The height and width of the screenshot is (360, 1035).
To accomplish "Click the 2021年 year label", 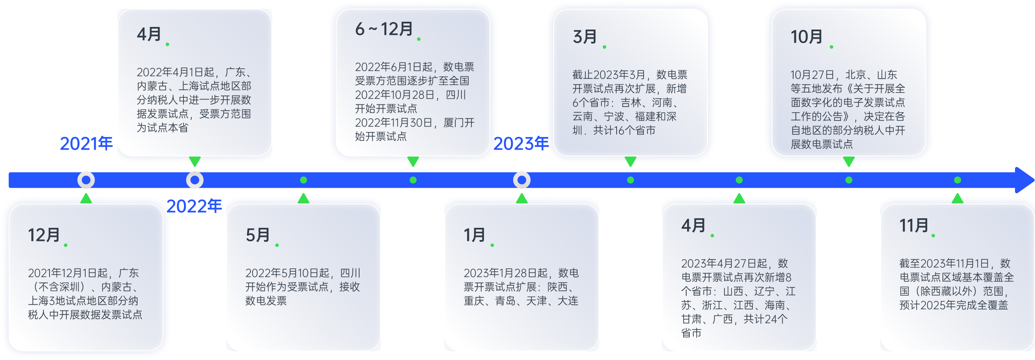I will [86, 143].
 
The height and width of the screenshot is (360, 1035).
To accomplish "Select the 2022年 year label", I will [194, 206].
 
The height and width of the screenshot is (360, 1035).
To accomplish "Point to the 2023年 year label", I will [521, 143].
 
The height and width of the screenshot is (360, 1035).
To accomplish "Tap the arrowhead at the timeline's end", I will [1024, 180].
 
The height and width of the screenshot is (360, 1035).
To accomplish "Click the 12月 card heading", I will [44, 235].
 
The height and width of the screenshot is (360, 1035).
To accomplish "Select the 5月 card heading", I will [258, 235].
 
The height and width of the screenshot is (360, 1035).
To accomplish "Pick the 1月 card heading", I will [474, 235].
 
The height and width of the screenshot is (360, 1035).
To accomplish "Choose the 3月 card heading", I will [585, 37].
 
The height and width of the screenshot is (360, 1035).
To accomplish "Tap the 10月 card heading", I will [807, 37].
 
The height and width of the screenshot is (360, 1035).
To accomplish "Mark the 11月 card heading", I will [914, 226].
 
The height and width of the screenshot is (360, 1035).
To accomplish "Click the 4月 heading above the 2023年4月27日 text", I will [694, 226].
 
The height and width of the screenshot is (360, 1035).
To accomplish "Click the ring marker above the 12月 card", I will [86, 180].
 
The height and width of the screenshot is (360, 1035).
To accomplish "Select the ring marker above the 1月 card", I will [522, 180].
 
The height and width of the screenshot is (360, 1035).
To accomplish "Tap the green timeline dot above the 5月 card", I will [304, 180].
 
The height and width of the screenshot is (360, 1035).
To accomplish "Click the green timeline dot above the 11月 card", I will [958, 180].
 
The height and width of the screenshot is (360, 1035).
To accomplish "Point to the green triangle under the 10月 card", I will [849, 162].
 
